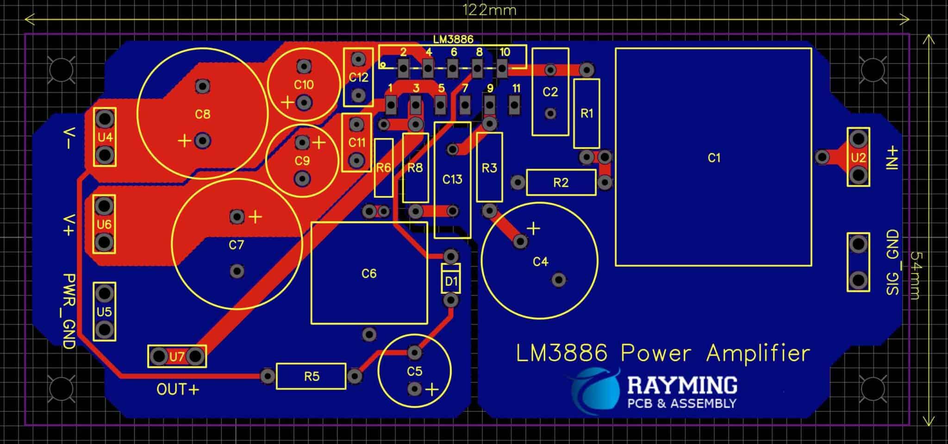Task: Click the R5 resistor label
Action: (x=312, y=376)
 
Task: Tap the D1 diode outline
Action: (x=451, y=281)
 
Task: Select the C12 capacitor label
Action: (x=358, y=77)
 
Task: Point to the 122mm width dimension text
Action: (x=489, y=10)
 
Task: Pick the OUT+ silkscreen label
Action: (x=178, y=389)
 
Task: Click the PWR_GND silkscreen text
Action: (x=69, y=311)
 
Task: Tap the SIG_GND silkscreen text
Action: (x=892, y=263)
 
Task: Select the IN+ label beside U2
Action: (x=892, y=158)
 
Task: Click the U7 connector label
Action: (x=177, y=356)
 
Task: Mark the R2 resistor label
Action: (x=561, y=183)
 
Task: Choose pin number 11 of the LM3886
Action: (x=516, y=88)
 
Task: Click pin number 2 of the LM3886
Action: (x=403, y=52)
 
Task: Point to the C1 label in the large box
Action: (x=714, y=158)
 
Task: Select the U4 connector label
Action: (x=105, y=137)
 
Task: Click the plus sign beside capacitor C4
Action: (x=533, y=228)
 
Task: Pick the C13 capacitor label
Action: (x=452, y=179)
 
